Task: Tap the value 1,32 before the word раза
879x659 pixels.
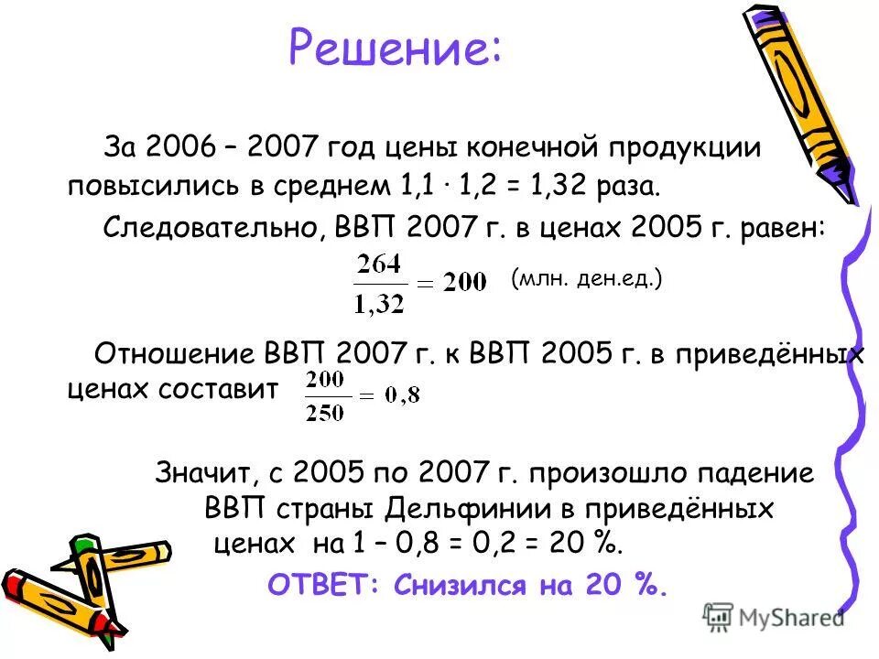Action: pyautogui.click(x=559, y=186)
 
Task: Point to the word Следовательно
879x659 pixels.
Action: pyautogui.click(x=209, y=226)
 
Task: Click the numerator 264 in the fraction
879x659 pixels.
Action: pyautogui.click(x=378, y=265)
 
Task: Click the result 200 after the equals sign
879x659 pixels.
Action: pyautogui.click(x=464, y=284)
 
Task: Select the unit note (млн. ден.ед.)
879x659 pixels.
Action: pyautogui.click(x=586, y=279)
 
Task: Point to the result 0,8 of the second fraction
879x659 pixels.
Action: pyautogui.click(x=401, y=396)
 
